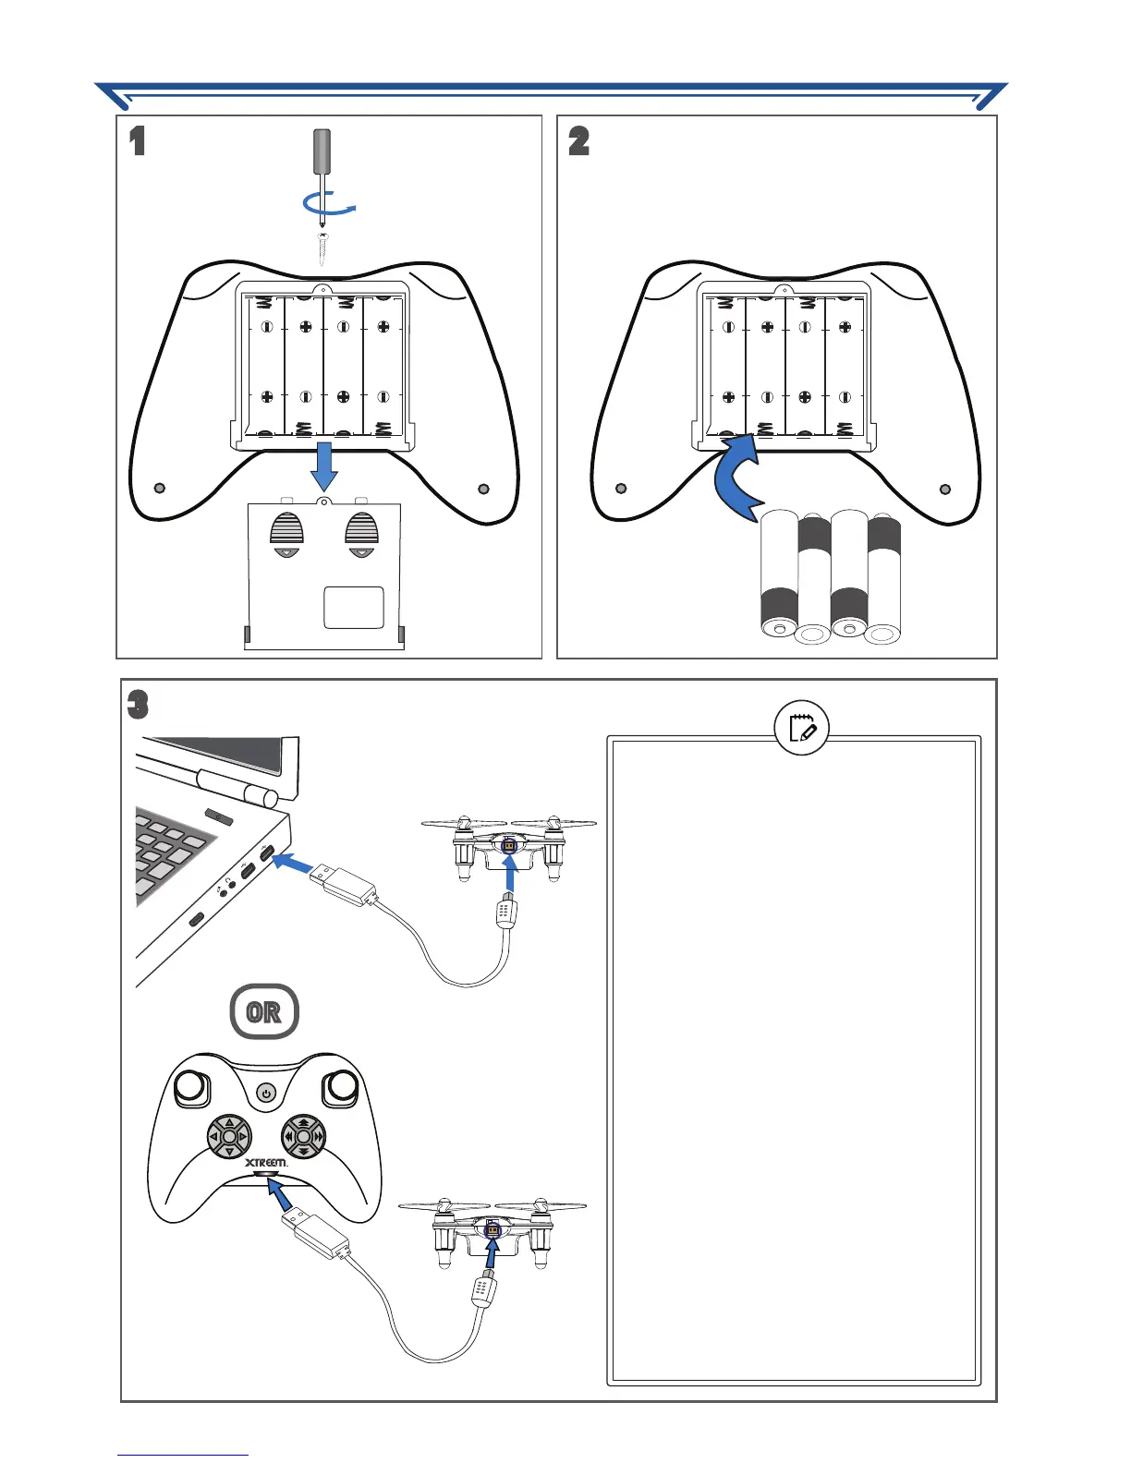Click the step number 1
[138, 141]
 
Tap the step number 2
[578, 141]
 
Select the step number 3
[137, 706]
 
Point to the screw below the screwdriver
[322, 248]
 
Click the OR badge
[264, 1012]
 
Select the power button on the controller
[266, 1094]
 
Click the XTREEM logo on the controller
[266, 1162]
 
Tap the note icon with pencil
[802, 728]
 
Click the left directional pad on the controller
[228, 1136]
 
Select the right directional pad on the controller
[303, 1136]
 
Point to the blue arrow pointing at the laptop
[294, 864]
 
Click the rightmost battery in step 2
[883, 580]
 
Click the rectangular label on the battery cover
[354, 607]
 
